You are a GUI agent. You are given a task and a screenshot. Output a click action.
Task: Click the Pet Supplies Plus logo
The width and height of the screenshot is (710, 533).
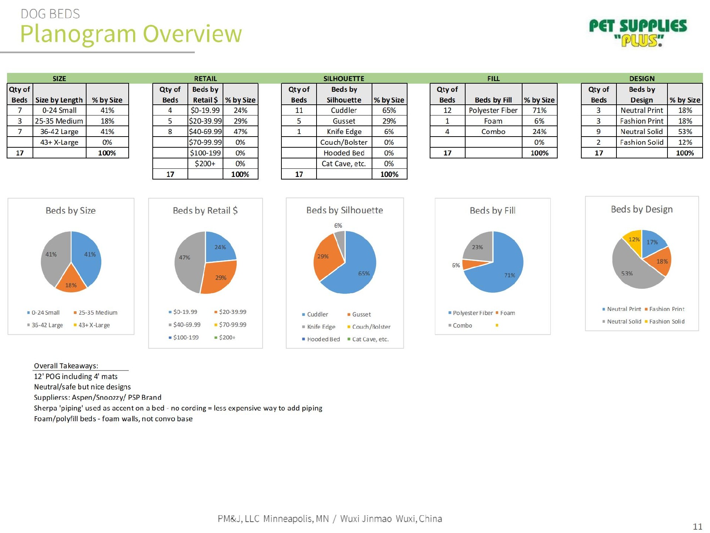coord(638,33)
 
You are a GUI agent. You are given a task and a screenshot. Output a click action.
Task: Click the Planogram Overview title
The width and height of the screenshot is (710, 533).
coord(131,34)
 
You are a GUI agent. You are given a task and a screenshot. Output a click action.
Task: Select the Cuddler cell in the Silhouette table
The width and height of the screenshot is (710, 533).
coord(344,110)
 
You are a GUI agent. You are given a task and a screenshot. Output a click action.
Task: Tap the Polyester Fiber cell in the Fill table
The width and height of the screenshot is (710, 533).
coord(493,110)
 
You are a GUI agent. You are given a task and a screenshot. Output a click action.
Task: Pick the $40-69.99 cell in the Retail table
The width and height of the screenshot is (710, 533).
coord(205,131)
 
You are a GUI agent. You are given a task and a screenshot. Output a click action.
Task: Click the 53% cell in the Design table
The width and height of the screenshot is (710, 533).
coord(685,131)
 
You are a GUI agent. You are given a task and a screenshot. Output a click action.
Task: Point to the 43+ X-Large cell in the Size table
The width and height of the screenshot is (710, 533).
coord(59,142)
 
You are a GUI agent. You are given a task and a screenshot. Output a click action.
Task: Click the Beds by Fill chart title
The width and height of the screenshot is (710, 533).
coord(493,211)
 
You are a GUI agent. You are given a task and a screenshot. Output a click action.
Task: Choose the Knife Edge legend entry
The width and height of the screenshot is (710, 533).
coord(321,327)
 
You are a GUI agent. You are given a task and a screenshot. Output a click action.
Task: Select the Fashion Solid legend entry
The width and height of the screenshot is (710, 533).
coord(666,322)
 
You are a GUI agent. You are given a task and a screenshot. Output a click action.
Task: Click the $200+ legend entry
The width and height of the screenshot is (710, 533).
coord(227,338)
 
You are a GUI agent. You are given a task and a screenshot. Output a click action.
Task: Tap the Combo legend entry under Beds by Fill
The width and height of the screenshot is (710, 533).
coord(462,325)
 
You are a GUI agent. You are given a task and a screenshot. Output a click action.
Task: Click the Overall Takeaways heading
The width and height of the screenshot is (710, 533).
coord(66,366)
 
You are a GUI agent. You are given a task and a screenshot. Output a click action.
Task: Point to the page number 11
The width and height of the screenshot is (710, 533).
coord(697,526)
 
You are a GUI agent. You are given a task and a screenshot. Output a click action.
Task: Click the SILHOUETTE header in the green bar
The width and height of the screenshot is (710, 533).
coord(344,78)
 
